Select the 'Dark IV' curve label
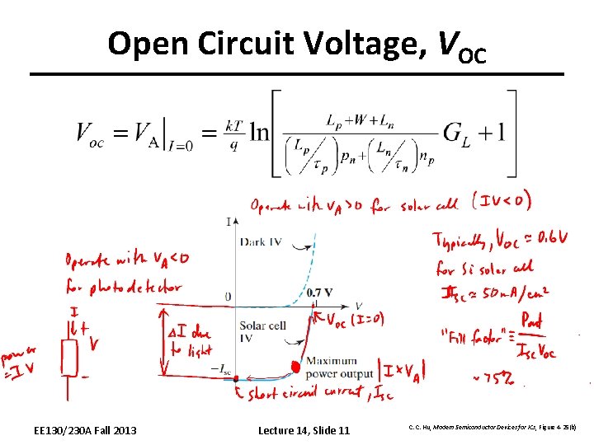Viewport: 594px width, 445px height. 263,241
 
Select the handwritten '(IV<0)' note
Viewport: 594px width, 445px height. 501,200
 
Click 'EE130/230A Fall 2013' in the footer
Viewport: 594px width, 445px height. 86,430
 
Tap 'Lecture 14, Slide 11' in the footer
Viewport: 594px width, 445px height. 304,430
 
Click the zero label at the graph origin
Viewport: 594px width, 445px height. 227,297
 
